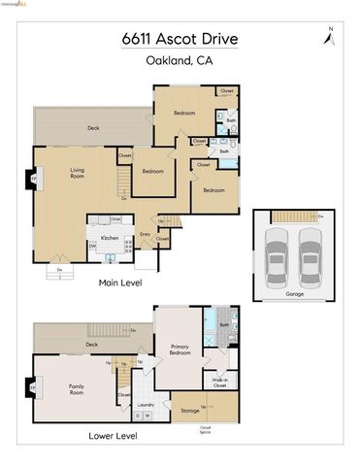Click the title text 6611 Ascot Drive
pos(179,40)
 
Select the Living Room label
pos(78,174)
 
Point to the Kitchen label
pos(110,238)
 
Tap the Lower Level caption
pos(112,436)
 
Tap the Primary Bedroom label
pos(180,349)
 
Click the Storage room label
pos(190,411)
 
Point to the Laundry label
pos(146,405)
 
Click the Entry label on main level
pos(145,234)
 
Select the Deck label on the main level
pos(93,128)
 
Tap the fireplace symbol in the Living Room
pos(33,180)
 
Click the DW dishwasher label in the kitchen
pos(92,247)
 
